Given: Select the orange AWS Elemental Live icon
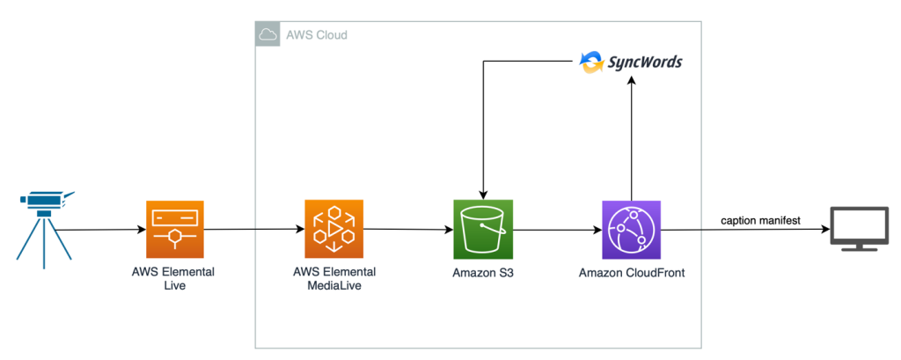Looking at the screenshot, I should point(174,228).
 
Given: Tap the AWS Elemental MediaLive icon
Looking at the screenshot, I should point(333,228).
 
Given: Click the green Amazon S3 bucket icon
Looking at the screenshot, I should point(482,228).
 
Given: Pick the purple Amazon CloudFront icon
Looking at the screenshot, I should point(631,228).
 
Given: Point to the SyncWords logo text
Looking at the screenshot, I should point(644,63).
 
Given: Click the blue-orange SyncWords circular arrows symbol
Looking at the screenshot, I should point(590,62).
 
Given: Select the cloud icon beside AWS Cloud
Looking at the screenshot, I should point(267,35).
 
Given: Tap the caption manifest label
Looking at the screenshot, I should point(761,221).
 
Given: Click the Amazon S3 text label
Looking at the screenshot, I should point(482,273).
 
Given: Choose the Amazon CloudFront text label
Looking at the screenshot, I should point(631,273).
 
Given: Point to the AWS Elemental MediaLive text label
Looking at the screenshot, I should point(333,279).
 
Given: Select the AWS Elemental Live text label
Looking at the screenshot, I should point(174,279).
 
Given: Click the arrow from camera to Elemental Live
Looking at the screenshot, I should point(101,230).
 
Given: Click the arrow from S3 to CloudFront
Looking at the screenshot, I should point(556,230).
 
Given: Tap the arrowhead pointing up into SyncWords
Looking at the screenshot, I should point(631,82).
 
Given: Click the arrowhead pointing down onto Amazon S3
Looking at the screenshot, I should point(482,194).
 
